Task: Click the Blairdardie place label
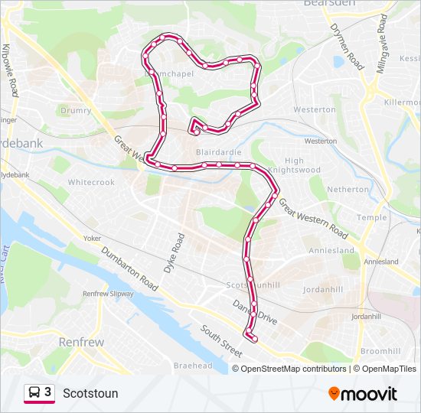tap(219, 152)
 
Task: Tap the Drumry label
tap(76, 111)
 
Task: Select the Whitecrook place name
tap(91, 183)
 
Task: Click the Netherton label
tap(348, 189)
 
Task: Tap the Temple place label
tap(372, 217)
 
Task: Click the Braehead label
tap(193, 366)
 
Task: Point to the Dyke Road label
tap(174, 253)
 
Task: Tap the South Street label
tap(221, 342)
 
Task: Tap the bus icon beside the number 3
tap(34, 393)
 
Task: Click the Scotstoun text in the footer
tap(90, 394)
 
